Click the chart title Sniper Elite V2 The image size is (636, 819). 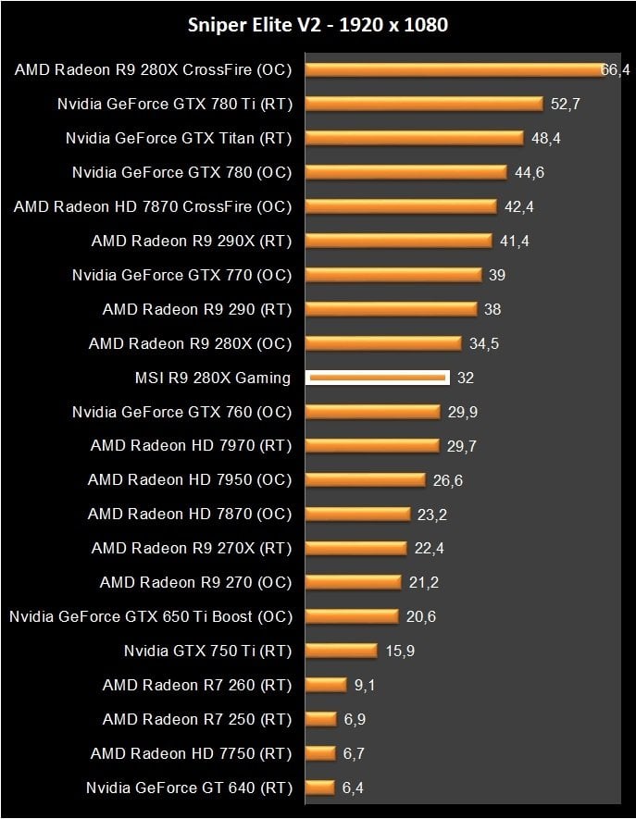coord(318,25)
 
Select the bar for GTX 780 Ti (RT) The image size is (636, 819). coord(423,104)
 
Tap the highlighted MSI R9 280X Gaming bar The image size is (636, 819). coord(378,378)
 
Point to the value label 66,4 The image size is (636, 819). coord(615,70)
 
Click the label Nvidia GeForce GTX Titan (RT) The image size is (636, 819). coord(179,138)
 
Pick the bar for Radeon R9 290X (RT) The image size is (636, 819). coord(398,241)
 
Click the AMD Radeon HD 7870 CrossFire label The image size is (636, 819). coord(153,206)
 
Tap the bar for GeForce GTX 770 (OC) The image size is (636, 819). coord(393,275)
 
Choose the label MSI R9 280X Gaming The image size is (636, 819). coord(213,378)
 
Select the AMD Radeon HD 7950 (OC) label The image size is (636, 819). coord(190,479)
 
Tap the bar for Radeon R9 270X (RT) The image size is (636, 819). coord(355,548)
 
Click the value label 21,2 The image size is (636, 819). coord(427,582)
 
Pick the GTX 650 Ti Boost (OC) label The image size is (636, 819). coord(151,616)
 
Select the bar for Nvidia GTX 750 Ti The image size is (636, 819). coord(341,651)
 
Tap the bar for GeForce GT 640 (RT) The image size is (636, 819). coord(319,788)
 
